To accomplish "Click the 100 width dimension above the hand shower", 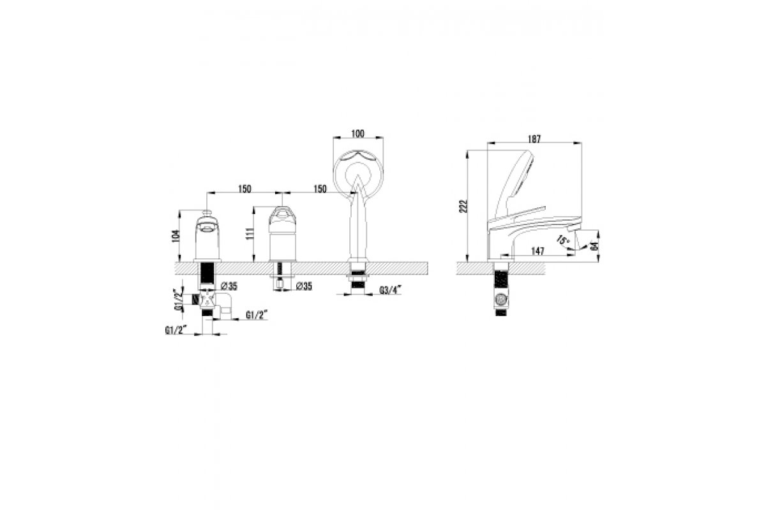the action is pos(357,133).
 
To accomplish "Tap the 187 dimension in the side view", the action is pos(534,139).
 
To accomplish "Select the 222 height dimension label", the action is pos(463,206).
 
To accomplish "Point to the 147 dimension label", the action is pos(537,251).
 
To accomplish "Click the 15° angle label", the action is pos(562,240).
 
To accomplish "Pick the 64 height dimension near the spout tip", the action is pos(595,246).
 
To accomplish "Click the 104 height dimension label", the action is pos(176,235).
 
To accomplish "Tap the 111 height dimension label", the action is pos(250,234).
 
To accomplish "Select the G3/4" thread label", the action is pos(390,290).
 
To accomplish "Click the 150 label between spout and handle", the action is pos(244,189).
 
